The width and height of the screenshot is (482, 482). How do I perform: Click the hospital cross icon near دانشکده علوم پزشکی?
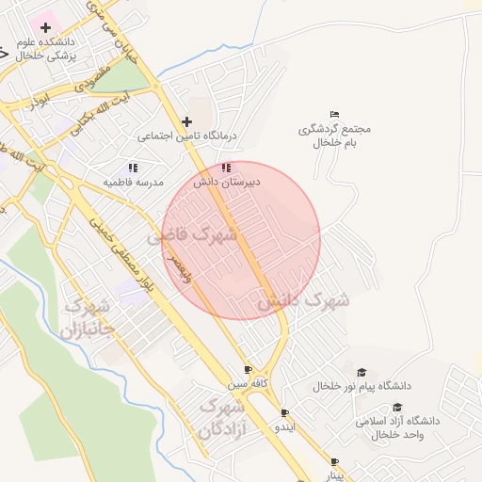tap(45, 27)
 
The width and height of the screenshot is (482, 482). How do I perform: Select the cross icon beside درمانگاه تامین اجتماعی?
tap(186, 121)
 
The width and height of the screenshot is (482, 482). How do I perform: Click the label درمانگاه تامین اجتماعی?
tap(188, 137)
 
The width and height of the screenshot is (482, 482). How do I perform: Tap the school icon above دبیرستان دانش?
tap(225, 168)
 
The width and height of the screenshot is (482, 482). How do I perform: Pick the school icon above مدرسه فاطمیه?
tap(133, 167)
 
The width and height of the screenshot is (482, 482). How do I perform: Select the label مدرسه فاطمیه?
tap(134, 181)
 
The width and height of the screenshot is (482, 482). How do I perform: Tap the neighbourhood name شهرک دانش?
tap(303, 301)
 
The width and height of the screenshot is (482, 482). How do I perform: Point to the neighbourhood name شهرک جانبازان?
tap(87, 319)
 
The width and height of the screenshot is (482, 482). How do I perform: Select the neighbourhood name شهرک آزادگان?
tap(221, 419)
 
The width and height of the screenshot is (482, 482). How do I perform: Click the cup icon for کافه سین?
tap(248, 370)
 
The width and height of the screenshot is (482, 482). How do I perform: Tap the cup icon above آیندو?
tap(284, 412)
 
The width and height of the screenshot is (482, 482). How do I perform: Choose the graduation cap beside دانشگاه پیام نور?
tap(361, 373)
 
